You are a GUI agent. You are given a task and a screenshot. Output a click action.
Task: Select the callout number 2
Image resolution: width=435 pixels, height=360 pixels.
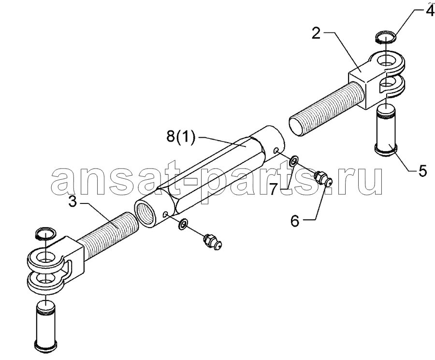pos(316,33)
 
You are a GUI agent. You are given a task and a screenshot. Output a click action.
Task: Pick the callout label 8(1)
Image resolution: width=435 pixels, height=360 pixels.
pos(181,137)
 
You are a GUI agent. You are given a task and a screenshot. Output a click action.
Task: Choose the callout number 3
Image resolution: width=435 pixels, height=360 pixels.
pos(72,202)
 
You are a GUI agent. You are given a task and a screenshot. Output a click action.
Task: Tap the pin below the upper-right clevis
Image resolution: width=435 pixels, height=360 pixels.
pos(386,128)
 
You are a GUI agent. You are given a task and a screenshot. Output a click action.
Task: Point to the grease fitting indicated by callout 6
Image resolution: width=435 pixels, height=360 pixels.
pos(322,177)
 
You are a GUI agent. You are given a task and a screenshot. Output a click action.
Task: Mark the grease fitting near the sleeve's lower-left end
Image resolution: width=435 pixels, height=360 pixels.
pos(213,241)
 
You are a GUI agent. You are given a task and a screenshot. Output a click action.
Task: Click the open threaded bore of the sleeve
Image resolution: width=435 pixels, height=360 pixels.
pos(146,212)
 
